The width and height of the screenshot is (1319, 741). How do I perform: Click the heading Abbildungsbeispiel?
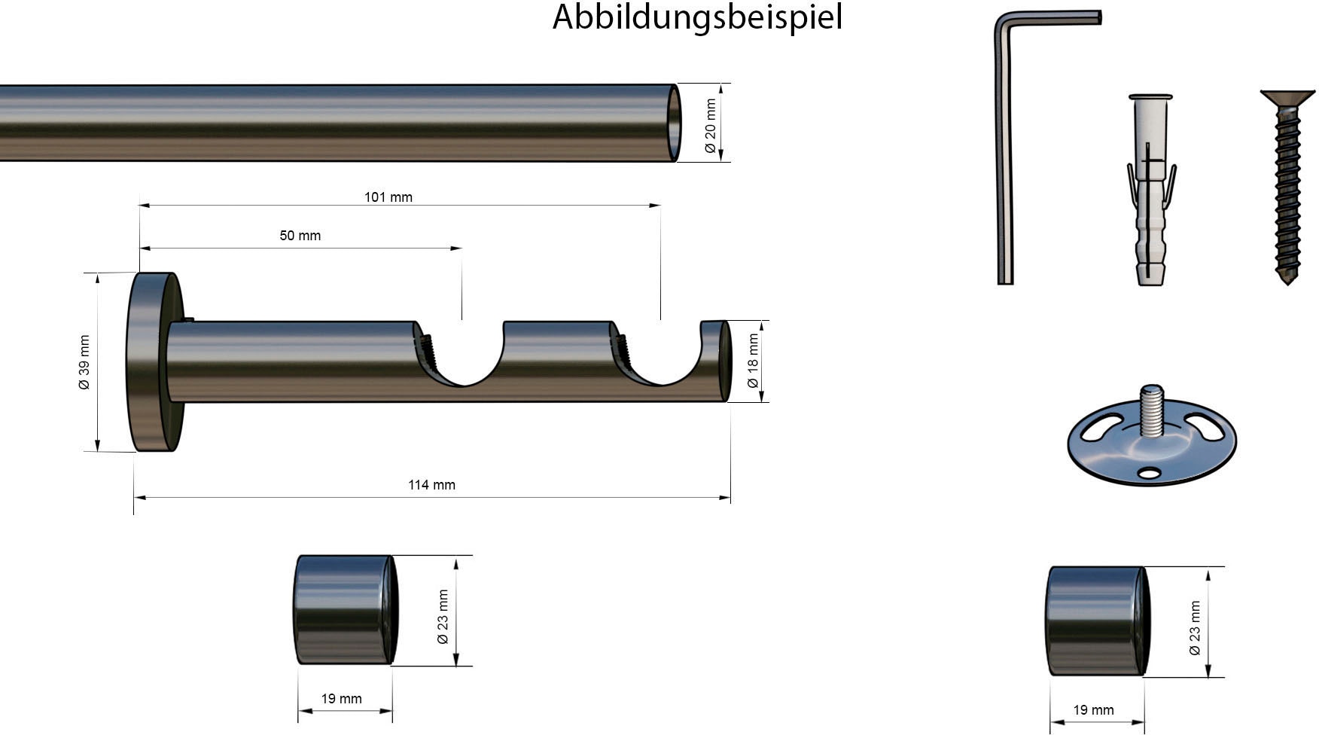(697, 17)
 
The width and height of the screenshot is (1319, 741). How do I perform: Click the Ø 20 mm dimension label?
(711, 126)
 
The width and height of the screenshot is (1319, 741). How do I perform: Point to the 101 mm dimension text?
(388, 197)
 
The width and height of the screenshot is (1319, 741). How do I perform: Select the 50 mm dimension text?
(300, 236)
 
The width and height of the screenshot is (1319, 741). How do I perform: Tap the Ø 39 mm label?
(84, 362)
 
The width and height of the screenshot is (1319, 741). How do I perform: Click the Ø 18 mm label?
(753, 361)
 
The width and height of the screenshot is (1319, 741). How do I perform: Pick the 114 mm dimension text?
(431, 485)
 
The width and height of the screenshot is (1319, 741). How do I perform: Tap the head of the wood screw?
(1287, 98)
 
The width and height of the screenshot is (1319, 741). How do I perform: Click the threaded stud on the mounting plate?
(1151, 410)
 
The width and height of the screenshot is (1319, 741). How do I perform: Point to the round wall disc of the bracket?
(154, 362)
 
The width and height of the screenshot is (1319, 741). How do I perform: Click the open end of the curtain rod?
(675, 123)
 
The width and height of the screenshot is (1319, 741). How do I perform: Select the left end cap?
(345, 610)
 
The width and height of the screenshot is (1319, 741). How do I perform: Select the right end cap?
(1097, 621)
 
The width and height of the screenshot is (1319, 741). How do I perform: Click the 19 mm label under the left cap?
(342, 699)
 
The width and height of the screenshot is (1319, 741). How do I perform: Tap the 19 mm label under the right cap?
(1094, 710)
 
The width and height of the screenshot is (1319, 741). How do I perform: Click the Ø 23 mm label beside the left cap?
(443, 617)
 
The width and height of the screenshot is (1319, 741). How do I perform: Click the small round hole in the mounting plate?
(1149, 473)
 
